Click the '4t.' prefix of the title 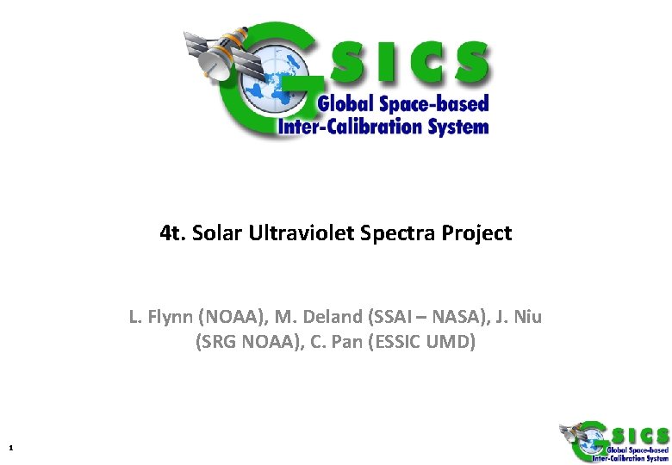coord(175,233)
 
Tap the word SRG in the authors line coord(219,342)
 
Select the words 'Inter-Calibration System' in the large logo coord(383,127)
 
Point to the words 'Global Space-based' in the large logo coord(403,104)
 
